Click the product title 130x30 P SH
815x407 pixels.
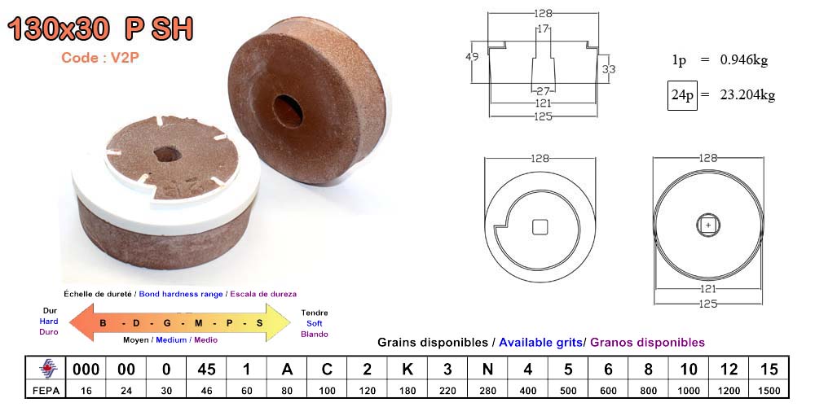100,29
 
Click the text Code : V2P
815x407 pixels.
100,58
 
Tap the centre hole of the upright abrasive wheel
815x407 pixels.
288,111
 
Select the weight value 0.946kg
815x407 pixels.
744,60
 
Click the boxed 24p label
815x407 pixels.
682,95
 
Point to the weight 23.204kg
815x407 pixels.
747,95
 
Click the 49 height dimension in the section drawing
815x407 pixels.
472,57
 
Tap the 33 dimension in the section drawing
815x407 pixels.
609,68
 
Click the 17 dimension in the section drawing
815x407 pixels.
543,29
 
